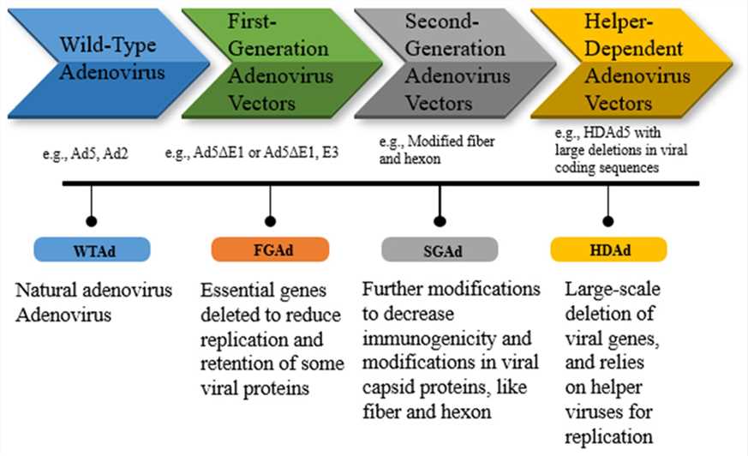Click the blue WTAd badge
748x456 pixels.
pos(92,249)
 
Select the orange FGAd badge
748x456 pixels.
pos(270,249)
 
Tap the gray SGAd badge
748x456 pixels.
pos(439,249)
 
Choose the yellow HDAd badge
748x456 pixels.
pos(608,249)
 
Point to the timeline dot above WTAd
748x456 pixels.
pos(92,218)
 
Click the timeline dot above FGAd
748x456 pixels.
pos(271,218)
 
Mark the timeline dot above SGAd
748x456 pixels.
pos(440,218)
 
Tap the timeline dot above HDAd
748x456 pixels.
pos(609,218)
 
